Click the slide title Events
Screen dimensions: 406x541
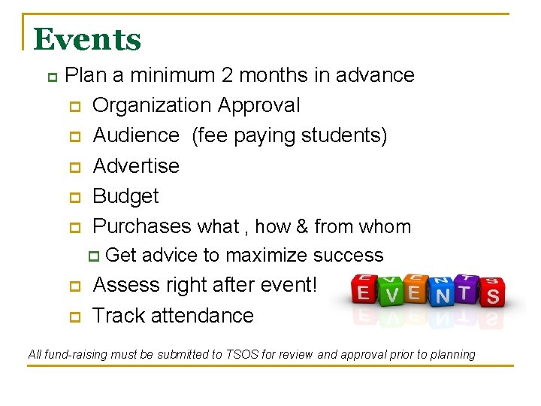[87, 39]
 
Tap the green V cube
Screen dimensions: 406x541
[391, 293]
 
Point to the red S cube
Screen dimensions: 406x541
[493, 293]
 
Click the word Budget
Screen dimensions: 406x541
[125, 196]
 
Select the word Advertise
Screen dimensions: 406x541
[136, 165]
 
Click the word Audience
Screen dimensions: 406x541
[136, 135]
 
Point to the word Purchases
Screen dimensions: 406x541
[142, 226]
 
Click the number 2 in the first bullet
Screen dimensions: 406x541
[226, 75]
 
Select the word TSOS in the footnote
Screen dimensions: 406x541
[242, 354]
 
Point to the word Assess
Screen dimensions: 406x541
[125, 285]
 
